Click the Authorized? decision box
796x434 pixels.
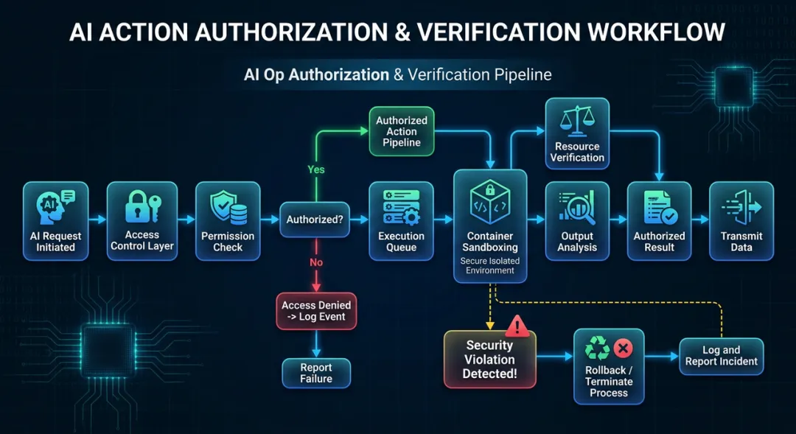click(315, 220)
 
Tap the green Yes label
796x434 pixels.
click(315, 169)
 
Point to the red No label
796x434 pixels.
click(315, 262)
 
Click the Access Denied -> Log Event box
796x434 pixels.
click(316, 310)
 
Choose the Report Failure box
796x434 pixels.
click(316, 373)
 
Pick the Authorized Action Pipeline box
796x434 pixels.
click(401, 131)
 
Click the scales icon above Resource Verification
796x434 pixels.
click(577, 121)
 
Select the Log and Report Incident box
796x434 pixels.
click(721, 355)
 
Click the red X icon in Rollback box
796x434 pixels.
click(623, 349)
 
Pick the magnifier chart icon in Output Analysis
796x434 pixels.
click(576, 207)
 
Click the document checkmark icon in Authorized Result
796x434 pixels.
click(659, 208)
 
